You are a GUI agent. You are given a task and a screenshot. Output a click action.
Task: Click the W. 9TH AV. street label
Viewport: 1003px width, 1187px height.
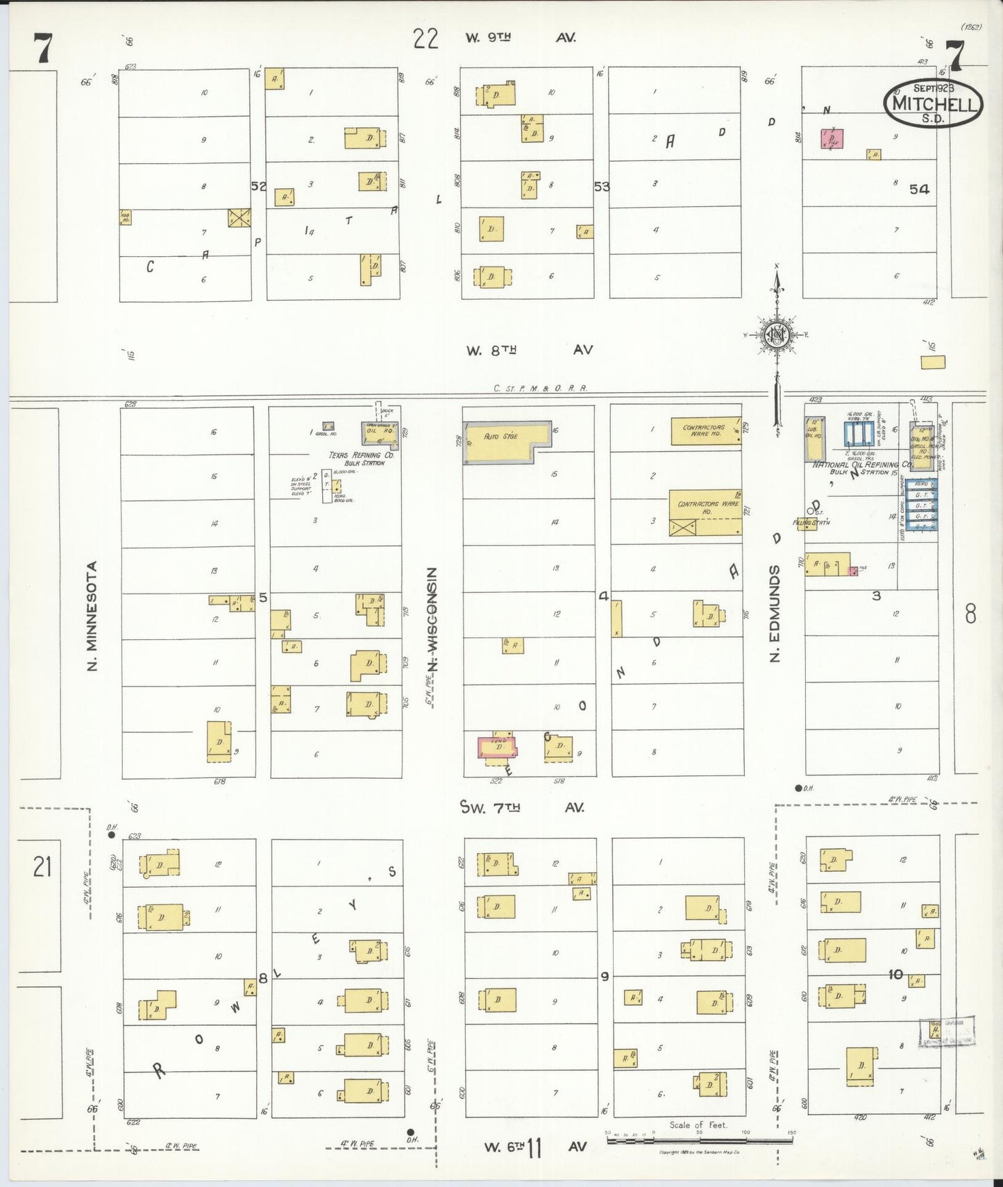click(521, 37)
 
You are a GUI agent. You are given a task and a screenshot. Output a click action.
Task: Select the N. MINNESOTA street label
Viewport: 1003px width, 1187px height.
click(92, 616)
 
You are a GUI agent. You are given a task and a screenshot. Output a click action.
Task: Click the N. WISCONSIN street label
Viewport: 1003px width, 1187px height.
click(432, 619)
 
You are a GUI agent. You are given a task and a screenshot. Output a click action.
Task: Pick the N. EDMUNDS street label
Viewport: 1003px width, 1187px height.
click(775, 613)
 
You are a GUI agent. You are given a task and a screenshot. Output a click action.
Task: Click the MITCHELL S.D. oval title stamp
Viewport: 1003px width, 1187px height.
click(933, 103)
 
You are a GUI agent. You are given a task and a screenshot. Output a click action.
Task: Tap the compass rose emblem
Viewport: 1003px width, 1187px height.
click(777, 335)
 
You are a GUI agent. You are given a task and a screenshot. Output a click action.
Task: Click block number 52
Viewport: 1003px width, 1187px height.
click(258, 186)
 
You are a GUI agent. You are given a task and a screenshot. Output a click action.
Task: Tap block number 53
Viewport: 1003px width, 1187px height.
click(601, 186)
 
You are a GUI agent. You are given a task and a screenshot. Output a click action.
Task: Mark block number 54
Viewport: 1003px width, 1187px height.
click(919, 189)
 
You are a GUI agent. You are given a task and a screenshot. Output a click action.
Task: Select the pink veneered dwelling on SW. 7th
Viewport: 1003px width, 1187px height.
click(497, 747)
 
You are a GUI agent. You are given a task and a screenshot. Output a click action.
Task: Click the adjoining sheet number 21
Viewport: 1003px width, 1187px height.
click(42, 866)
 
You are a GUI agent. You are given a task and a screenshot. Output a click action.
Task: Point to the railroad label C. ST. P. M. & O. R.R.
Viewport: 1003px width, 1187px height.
click(540, 389)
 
